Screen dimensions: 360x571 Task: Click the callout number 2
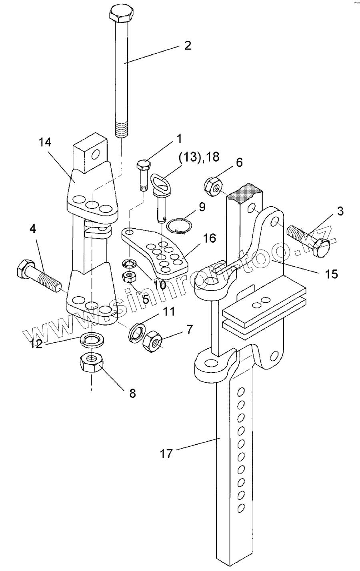187,45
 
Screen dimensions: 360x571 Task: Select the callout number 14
45,142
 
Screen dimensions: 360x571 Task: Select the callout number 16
210,238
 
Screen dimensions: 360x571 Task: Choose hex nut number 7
152,341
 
